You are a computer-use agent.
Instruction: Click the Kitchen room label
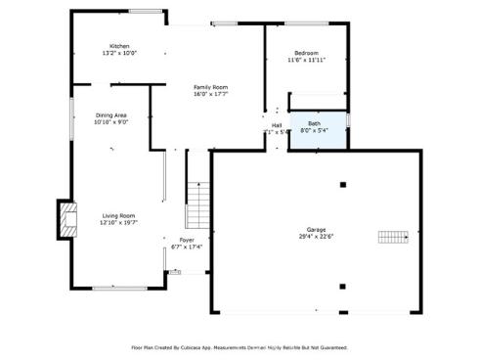(x=119, y=46)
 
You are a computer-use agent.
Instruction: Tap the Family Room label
(x=210, y=88)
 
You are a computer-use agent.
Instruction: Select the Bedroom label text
(x=306, y=53)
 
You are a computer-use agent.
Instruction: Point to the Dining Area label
(x=110, y=115)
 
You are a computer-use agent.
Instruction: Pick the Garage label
(x=314, y=230)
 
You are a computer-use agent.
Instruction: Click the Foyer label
(x=187, y=240)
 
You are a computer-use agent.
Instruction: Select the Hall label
(x=277, y=125)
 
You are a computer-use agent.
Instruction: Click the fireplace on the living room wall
(x=66, y=221)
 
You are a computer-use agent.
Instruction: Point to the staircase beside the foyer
(x=198, y=204)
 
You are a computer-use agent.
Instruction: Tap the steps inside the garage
(x=392, y=237)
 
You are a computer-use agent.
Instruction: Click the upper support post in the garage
(x=342, y=185)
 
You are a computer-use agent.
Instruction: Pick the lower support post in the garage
(x=342, y=287)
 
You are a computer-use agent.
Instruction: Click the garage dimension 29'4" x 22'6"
(x=314, y=236)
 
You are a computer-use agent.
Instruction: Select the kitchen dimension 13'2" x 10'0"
(x=119, y=53)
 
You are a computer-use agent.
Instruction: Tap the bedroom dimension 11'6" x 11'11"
(x=306, y=60)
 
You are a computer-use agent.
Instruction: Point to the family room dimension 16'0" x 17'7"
(x=210, y=95)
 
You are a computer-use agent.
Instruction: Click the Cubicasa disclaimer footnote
(x=239, y=347)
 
